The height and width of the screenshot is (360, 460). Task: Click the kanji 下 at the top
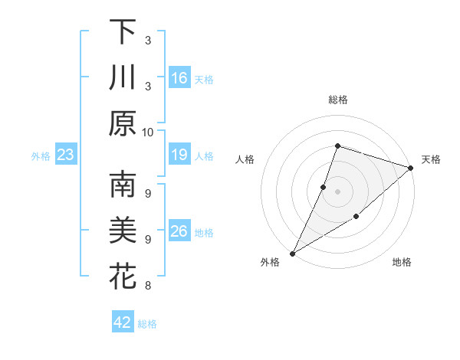click(x=123, y=32)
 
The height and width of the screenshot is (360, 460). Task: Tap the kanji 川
click(x=123, y=77)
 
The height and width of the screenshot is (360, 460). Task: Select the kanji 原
click(x=123, y=123)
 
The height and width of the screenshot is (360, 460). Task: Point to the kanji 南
click(x=123, y=185)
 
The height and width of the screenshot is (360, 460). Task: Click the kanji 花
click(x=123, y=277)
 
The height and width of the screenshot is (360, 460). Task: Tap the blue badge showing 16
click(x=179, y=78)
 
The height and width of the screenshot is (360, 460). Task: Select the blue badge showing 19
click(x=179, y=155)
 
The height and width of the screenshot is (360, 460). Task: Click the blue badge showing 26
click(x=179, y=232)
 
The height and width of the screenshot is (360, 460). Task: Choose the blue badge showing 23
click(x=66, y=155)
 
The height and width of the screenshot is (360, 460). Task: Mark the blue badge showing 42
click(x=123, y=322)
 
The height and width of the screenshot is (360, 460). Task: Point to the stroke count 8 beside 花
click(x=148, y=286)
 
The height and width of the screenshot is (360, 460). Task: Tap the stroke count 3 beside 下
click(x=148, y=40)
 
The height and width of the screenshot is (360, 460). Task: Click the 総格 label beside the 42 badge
click(x=147, y=324)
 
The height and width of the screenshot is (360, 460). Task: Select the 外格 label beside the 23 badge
click(x=41, y=156)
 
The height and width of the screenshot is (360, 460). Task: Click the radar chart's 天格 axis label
click(x=431, y=159)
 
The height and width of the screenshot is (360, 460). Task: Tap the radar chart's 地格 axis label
click(x=402, y=263)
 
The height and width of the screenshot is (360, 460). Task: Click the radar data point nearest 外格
click(x=292, y=253)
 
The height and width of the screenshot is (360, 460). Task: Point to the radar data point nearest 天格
click(x=411, y=168)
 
